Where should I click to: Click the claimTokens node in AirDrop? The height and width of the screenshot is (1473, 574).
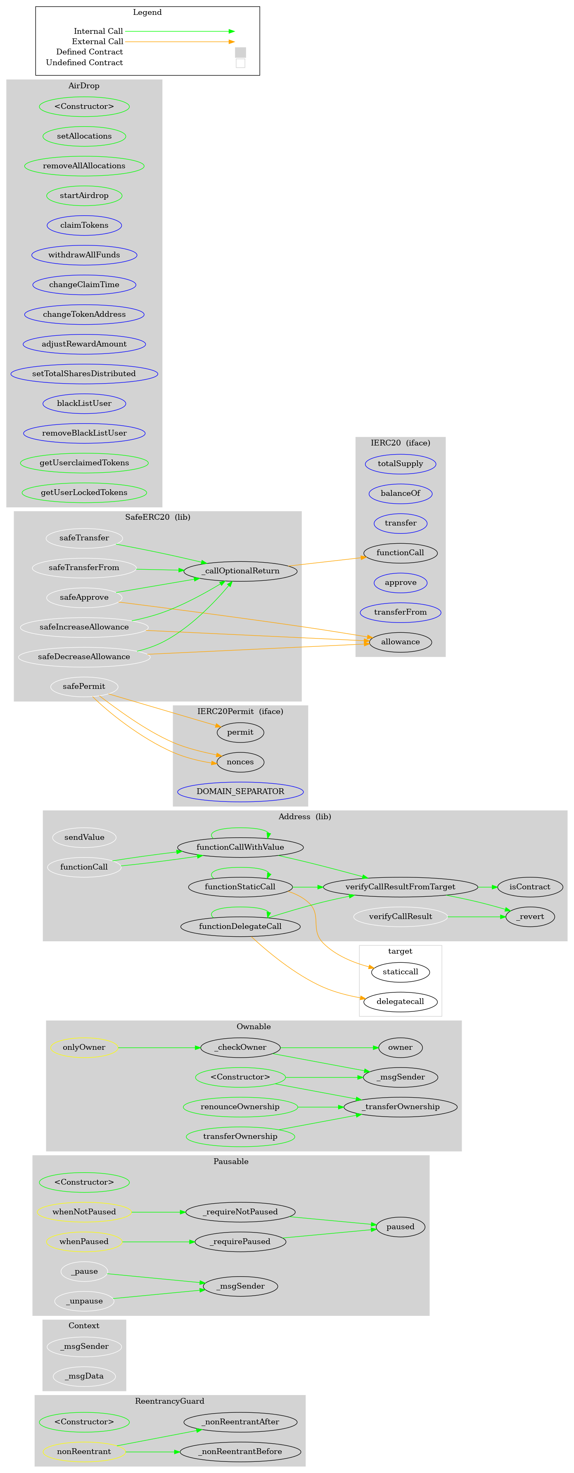tap(84, 225)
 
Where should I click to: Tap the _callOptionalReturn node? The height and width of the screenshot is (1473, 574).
tap(240, 570)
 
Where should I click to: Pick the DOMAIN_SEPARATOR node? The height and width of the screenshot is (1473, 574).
tap(240, 792)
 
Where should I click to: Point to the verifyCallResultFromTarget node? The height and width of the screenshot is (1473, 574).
tap(400, 887)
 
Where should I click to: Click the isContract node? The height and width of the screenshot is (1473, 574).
tap(529, 887)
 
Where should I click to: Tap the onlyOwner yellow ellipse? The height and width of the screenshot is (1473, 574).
tap(84, 1048)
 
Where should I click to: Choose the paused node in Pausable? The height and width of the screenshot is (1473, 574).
tap(400, 1227)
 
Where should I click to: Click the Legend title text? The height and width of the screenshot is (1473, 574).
tap(147, 12)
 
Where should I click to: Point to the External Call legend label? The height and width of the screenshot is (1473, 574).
tap(97, 42)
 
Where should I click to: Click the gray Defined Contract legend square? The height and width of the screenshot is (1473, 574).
tap(240, 52)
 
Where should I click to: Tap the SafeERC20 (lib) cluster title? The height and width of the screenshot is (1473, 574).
tap(157, 517)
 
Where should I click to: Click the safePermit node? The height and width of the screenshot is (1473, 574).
tap(84, 686)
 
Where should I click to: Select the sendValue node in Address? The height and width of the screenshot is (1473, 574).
tap(84, 837)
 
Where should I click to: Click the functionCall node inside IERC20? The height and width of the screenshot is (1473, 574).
tap(400, 552)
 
